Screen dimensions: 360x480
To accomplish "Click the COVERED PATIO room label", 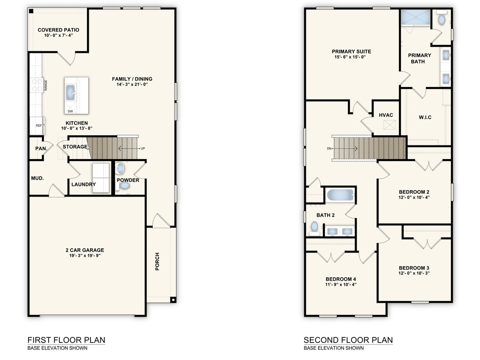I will [58, 30].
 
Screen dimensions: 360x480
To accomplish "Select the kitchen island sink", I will [70, 91].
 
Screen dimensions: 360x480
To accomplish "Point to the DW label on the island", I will [70, 111].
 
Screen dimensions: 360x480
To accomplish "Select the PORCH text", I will [157, 261].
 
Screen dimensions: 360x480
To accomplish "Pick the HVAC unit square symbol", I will [389, 125].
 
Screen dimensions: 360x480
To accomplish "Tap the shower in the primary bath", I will [414, 18].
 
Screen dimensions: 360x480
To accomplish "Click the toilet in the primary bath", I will [442, 19].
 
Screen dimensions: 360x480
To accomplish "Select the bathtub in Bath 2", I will [340, 196].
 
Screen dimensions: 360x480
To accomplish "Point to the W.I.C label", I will [425, 117].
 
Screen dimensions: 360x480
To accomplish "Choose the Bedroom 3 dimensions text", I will [414, 273].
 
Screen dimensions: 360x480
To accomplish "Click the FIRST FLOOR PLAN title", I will [66, 340].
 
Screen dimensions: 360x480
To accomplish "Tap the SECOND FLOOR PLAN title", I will [348, 340].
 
